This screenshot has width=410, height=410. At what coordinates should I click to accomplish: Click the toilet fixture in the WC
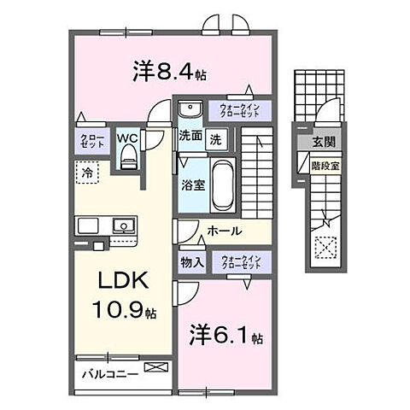129,154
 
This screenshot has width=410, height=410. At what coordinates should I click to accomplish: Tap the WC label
127,137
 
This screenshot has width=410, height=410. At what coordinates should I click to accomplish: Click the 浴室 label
190,184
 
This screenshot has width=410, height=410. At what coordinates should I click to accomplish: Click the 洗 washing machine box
217,138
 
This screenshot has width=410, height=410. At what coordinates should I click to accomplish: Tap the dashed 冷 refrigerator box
88,173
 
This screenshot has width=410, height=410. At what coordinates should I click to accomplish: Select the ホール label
224,231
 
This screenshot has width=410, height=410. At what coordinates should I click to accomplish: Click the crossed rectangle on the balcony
157,368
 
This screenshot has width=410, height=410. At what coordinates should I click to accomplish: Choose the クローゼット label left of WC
92,142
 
